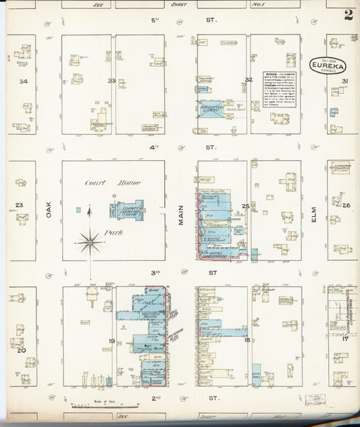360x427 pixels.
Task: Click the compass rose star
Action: point(88,241)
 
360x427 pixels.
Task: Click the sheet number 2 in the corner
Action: point(348,16)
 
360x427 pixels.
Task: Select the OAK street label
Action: point(49,211)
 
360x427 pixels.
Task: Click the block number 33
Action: point(111,80)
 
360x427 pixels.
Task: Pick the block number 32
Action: point(249,80)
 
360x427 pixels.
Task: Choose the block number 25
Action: point(246,206)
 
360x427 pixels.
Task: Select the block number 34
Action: point(23,81)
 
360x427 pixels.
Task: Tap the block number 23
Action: point(20,205)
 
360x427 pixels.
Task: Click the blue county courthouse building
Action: point(127,209)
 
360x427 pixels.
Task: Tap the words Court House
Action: point(102,183)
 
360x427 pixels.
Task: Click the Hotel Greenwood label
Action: point(220,255)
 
